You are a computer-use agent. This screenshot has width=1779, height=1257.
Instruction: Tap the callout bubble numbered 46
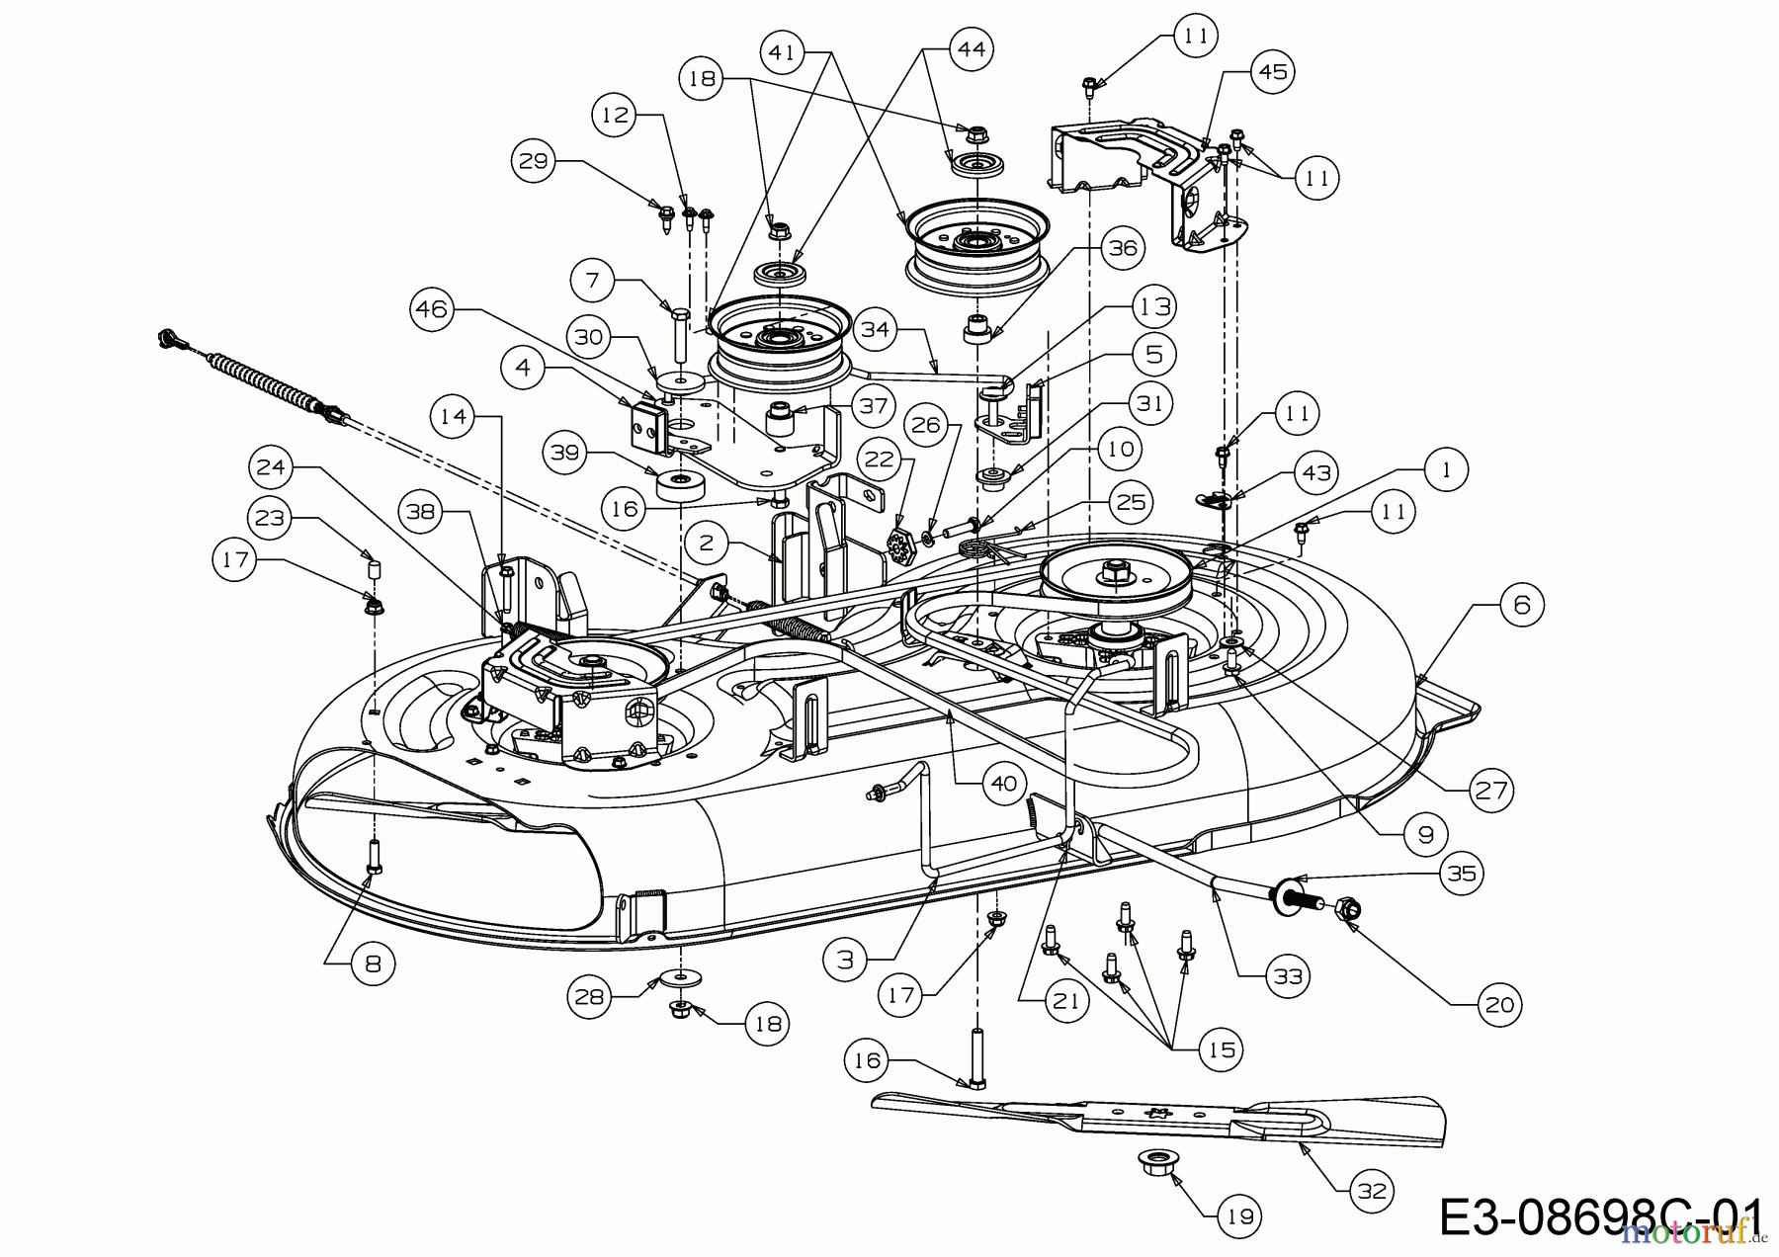(x=431, y=309)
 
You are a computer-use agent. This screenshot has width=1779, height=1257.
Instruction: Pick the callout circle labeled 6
(x=1521, y=604)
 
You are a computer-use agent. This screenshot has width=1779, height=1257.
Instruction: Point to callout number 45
(x=1272, y=72)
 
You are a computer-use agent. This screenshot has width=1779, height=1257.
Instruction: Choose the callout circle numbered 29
(x=534, y=160)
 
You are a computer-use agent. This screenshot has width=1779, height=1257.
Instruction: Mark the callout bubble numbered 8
(x=373, y=963)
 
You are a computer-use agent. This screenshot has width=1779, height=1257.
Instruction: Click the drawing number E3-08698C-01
(x=1600, y=1216)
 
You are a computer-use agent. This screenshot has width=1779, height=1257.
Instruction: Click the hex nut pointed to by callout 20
(x=1349, y=906)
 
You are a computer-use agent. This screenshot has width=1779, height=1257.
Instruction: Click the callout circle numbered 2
(x=705, y=543)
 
